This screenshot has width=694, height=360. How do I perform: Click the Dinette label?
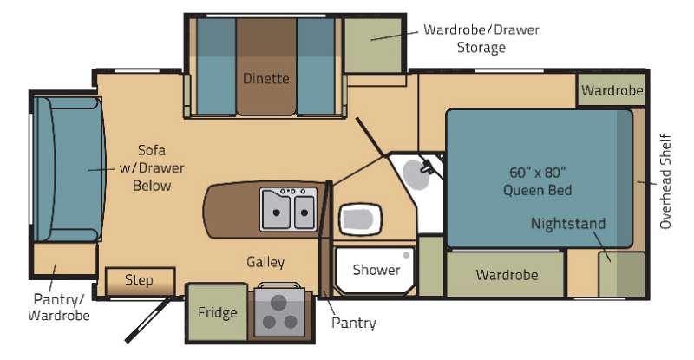tap(266, 78)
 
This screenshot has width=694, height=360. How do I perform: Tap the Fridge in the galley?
tap(217, 312)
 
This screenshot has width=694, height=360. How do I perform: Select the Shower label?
tap(376, 270)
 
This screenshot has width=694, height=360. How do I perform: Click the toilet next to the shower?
tap(360, 219)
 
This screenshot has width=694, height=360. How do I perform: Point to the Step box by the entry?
tap(141, 281)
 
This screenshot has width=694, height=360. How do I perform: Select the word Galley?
tap(265, 262)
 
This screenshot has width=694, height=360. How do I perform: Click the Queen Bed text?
tap(537, 190)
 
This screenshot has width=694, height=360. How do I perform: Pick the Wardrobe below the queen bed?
tap(506, 274)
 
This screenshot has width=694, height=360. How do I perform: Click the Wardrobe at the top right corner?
tap(611, 90)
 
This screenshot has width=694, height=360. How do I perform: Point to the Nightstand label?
tap(568, 223)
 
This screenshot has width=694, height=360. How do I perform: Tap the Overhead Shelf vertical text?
tap(665, 181)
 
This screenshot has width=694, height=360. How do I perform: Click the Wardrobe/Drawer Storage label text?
tap(481, 38)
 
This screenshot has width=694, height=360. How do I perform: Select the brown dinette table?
tap(266, 67)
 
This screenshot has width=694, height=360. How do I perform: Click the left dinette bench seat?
tap(215, 67)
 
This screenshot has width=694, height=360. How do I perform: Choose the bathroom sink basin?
tap(416, 175)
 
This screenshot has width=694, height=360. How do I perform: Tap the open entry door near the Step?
tap(147, 320)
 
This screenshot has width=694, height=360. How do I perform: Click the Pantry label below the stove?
tap(354, 323)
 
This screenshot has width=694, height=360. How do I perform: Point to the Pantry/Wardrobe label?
tap(59, 307)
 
